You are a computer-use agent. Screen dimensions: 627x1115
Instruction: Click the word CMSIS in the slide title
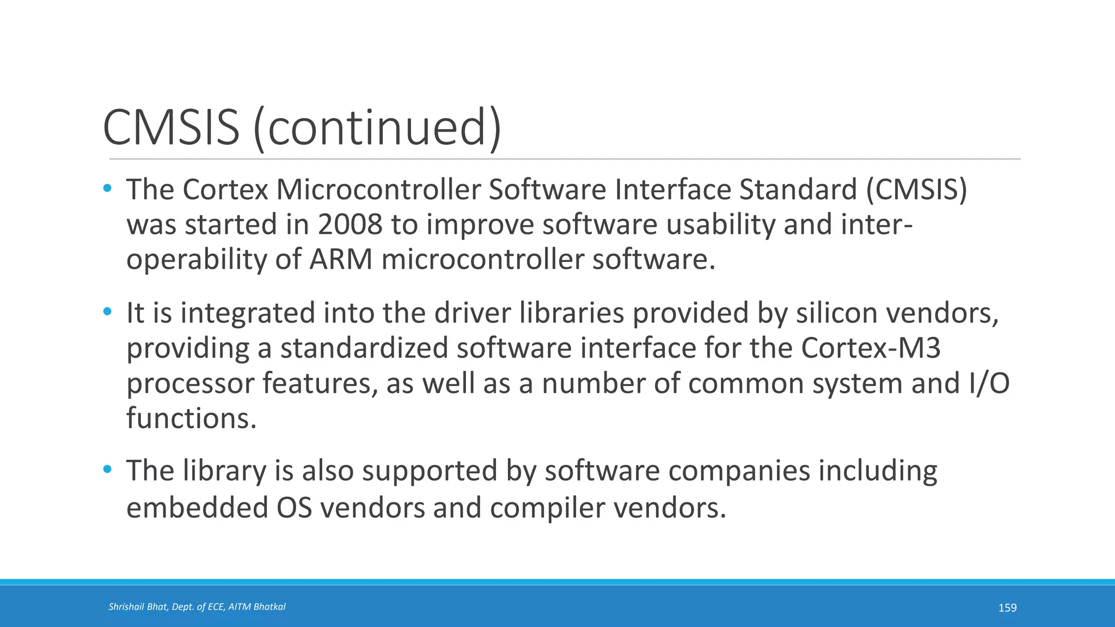tap(171, 127)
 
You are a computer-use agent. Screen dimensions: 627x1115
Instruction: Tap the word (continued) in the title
tap(377, 127)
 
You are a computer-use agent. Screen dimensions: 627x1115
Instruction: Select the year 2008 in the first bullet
tap(350, 224)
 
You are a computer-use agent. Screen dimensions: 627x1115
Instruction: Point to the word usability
tap(721, 224)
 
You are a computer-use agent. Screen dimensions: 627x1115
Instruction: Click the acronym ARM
tap(341, 259)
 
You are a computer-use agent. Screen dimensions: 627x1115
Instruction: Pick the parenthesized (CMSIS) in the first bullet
tap(916, 189)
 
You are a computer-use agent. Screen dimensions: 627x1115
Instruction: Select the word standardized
tap(364, 348)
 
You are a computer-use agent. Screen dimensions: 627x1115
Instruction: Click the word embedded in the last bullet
tap(197, 507)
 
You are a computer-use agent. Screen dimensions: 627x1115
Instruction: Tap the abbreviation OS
tap(294, 507)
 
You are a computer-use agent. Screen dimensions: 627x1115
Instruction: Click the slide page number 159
tap(1007, 607)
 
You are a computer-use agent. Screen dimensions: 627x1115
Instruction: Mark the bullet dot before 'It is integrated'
tap(107, 312)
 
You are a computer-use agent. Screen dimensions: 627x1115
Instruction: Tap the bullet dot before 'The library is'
tap(107, 469)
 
